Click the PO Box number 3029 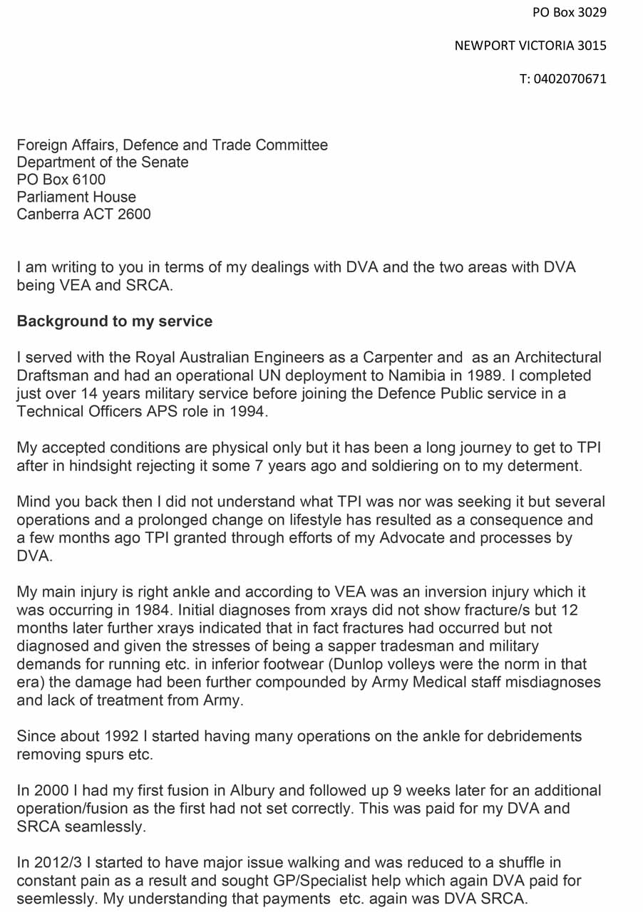click(591, 11)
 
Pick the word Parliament click(53, 197)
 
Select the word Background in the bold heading click(61, 321)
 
